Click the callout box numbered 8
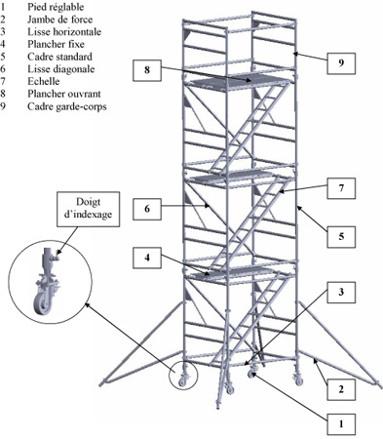coord(147,70)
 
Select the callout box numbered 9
coord(341,63)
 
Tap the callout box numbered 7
coord(341,188)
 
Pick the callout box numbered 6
coord(147,209)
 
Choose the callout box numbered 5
coord(341,236)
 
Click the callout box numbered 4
coord(147,258)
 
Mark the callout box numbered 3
coord(341,293)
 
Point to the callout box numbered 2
coord(341,389)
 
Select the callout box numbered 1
coord(341,424)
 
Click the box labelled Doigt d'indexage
coord(89,209)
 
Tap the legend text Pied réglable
coord(56,7)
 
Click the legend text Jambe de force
coord(59,20)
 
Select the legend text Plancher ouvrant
coord(64,94)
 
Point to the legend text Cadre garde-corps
coord(67,106)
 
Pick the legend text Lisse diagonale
coord(61,69)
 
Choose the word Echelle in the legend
coord(44,81)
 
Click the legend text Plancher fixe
coord(56,44)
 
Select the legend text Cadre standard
coord(59,57)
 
